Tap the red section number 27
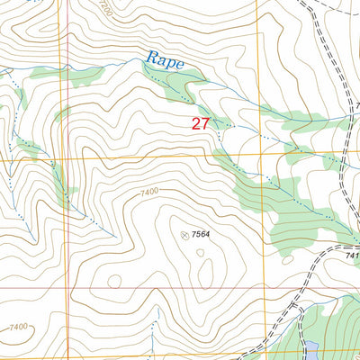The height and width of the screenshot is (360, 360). point(201,123)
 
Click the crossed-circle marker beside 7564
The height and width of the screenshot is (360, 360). point(185,235)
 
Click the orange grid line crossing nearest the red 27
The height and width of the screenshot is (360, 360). point(256,155)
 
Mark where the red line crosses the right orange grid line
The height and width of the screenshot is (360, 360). point(256,290)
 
